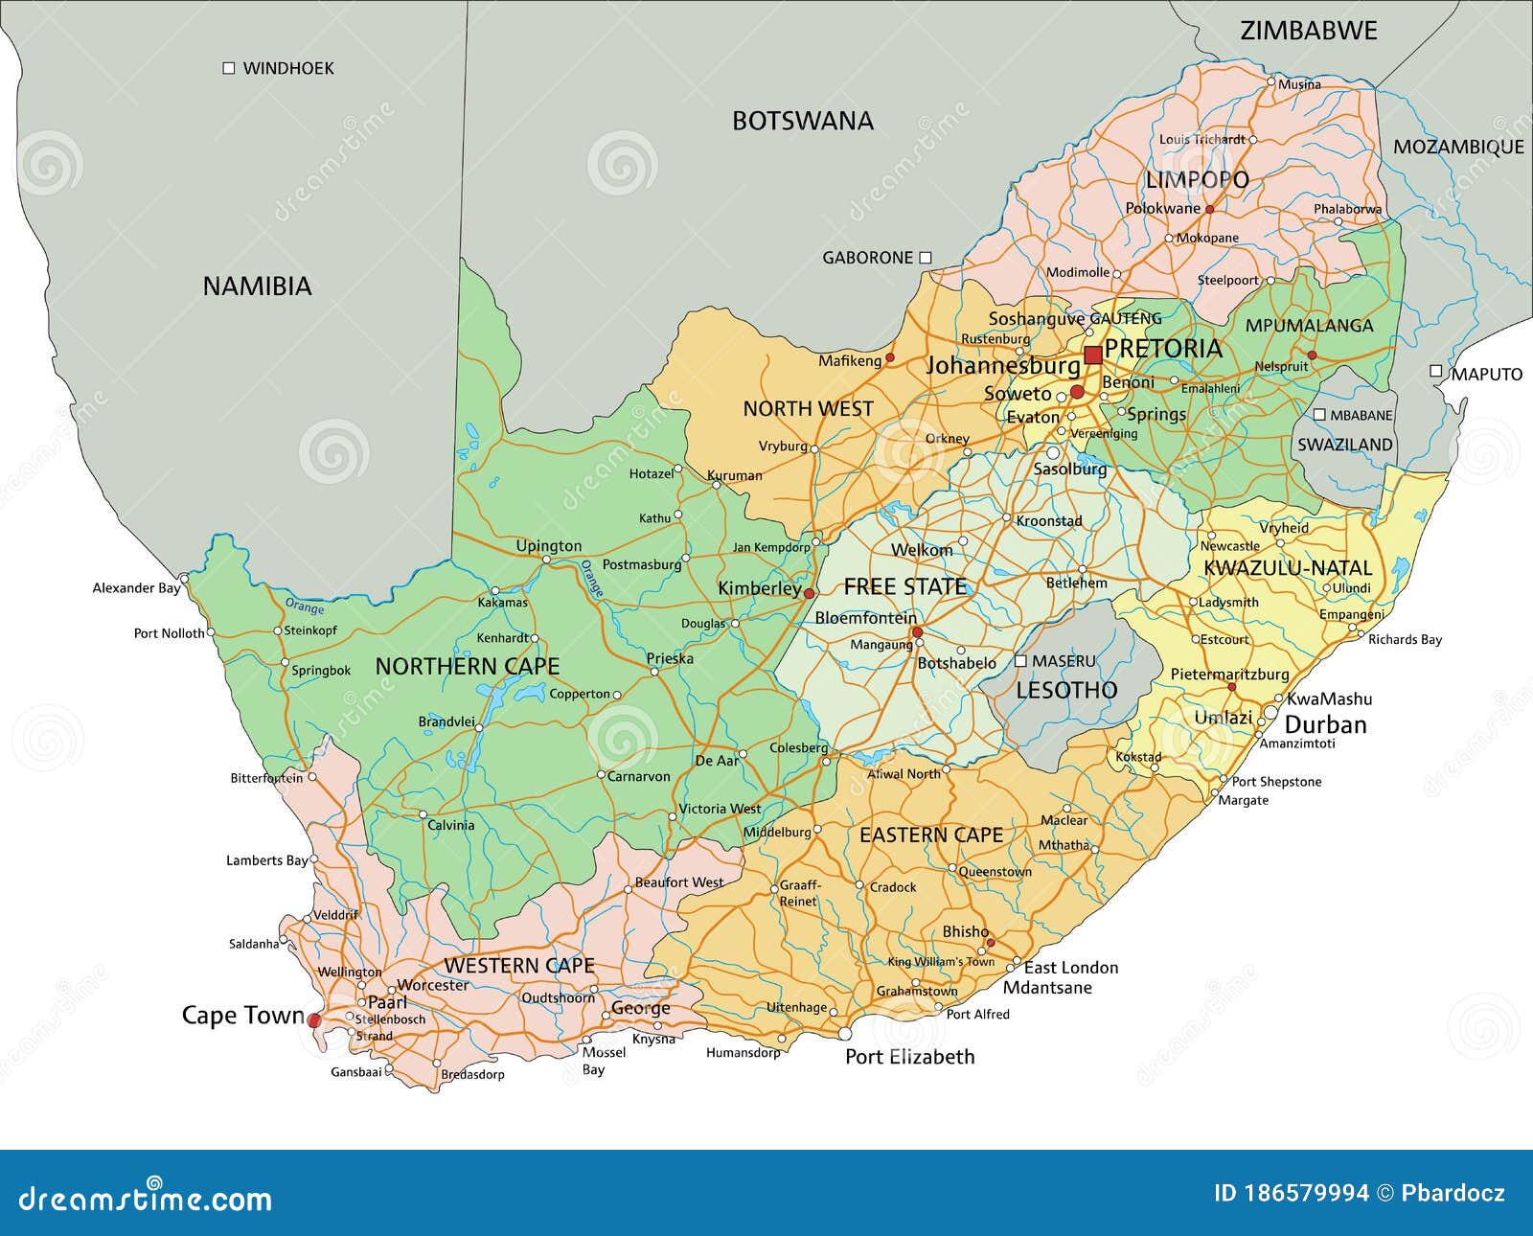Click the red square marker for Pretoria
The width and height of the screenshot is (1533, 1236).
click(x=1092, y=355)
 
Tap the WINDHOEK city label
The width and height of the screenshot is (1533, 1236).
click(x=287, y=68)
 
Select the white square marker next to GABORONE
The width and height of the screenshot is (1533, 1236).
click(x=926, y=257)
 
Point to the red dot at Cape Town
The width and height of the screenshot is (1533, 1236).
click(x=314, y=1021)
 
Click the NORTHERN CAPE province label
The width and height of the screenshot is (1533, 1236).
click(x=467, y=666)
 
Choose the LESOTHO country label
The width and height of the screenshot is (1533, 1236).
click(x=1066, y=690)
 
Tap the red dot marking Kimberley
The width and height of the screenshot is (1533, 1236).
click(x=810, y=593)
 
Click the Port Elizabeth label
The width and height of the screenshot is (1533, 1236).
click(x=909, y=1057)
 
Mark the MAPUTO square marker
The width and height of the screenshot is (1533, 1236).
click(x=1435, y=371)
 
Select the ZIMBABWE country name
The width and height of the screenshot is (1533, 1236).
click(x=1308, y=31)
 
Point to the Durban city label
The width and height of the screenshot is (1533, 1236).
click(x=1325, y=724)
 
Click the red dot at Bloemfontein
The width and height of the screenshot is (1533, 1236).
click(x=917, y=632)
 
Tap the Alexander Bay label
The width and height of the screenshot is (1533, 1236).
click(x=136, y=587)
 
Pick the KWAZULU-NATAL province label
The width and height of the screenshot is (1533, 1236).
click(x=1288, y=567)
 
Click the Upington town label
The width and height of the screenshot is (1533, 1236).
click(x=548, y=546)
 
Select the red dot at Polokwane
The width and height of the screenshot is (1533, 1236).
click(x=1209, y=209)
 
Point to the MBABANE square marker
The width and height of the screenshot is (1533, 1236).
click(x=1319, y=415)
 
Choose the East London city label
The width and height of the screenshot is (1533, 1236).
click(x=1070, y=968)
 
